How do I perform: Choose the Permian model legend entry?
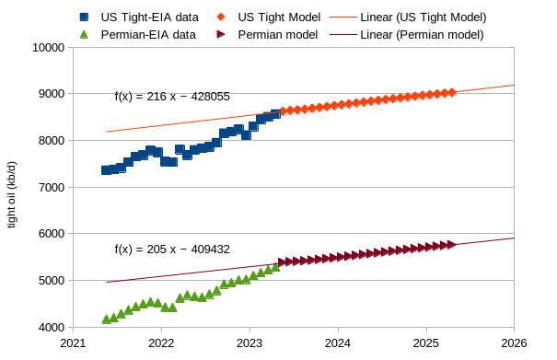click(x=277, y=34)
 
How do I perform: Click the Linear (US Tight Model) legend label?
click(x=423, y=17)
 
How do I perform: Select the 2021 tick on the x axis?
click(x=73, y=343)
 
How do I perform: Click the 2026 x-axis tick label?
click(x=514, y=343)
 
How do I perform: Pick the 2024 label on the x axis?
click(x=338, y=343)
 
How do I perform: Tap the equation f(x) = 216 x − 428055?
click(x=172, y=96)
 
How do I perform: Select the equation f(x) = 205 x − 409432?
click(x=172, y=249)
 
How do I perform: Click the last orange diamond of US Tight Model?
click(x=451, y=92)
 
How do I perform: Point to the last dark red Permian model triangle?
click(x=452, y=244)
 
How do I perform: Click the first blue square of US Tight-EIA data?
click(x=106, y=170)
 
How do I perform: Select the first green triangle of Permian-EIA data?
click(x=106, y=319)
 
